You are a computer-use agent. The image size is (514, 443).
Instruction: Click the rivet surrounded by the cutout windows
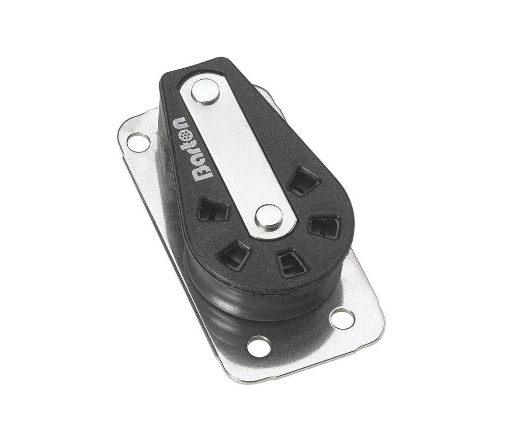(268, 216)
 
